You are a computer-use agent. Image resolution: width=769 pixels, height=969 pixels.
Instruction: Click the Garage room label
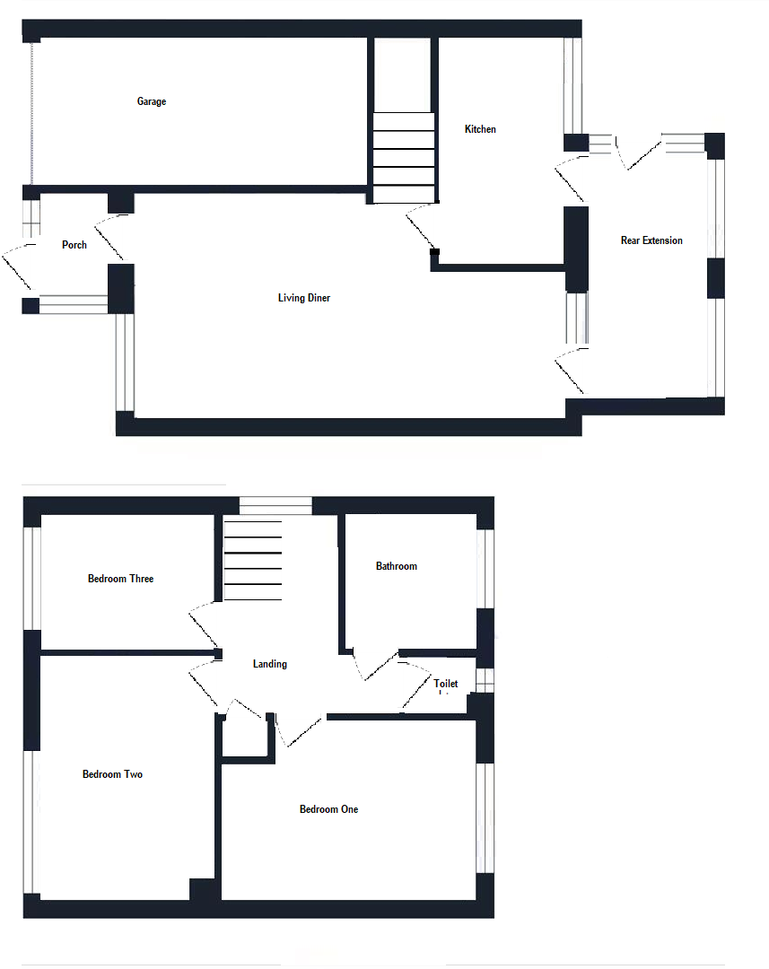click(152, 101)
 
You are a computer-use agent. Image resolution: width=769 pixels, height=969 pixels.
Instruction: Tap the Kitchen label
click(480, 129)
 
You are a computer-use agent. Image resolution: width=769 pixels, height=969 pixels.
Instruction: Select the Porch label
click(74, 245)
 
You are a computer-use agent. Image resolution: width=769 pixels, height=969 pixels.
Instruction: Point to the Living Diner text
click(304, 298)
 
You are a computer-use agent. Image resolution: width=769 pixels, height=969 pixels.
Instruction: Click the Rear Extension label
click(651, 240)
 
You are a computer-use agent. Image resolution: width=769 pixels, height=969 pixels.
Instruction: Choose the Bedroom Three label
click(120, 579)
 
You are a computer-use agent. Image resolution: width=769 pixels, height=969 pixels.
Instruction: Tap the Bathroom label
click(396, 566)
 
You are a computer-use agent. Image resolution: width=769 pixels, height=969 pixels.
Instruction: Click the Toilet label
click(446, 684)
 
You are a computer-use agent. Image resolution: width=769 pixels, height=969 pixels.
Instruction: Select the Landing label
click(270, 664)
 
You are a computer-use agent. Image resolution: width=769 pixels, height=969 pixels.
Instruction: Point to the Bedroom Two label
click(112, 774)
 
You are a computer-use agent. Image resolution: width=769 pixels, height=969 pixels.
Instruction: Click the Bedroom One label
click(328, 809)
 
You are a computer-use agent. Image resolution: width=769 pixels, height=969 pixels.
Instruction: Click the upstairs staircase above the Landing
click(252, 561)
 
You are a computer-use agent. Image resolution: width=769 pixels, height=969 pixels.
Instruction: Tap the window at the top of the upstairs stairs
click(275, 506)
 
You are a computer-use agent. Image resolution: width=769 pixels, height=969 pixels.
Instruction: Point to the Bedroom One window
click(485, 816)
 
